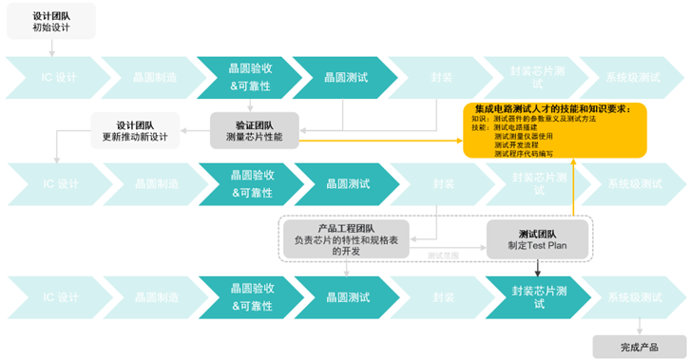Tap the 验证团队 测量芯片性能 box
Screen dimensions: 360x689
(x=255, y=130)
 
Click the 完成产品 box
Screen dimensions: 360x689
(x=639, y=346)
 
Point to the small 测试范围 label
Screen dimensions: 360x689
(x=443, y=256)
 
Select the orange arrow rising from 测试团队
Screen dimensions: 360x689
(x=573, y=190)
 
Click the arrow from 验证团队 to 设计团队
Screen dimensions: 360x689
(x=198, y=130)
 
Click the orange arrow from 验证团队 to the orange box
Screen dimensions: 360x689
(x=380, y=141)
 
